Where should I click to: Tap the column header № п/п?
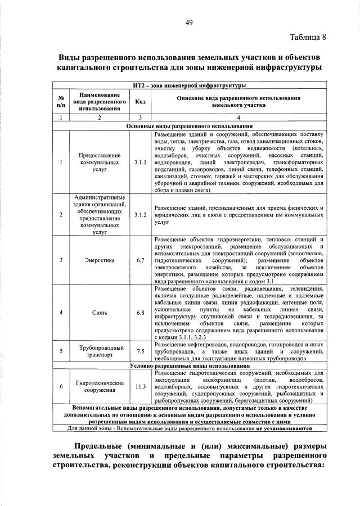tap(61, 102)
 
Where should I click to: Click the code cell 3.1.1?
tap(140, 162)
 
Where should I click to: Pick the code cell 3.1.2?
tap(140, 215)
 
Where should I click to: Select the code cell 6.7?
tap(140, 260)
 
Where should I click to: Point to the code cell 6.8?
tap(140, 312)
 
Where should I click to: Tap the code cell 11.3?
tap(140, 386)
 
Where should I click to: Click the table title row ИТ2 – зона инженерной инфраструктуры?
tap(190, 85)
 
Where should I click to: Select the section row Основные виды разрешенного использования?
tap(190, 126)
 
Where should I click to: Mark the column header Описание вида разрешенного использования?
tap(238, 102)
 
